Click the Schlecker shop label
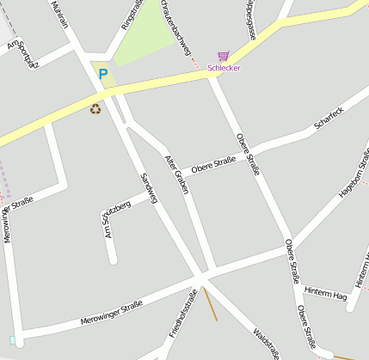pos(224,68)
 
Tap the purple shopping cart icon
pos(224,56)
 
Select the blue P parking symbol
pos(103,75)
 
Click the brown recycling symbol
pos(95,108)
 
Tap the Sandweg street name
pos(149,188)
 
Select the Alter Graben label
pos(175,174)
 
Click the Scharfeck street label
pos(329,118)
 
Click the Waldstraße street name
pos(266,342)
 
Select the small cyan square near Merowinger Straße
pos(12,341)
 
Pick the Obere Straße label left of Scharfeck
pos(213,163)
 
